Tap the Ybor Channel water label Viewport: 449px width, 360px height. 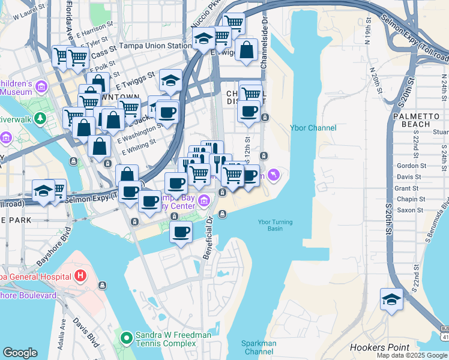(313, 128)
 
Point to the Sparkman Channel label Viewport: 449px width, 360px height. (259, 347)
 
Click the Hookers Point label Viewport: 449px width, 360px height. (379, 347)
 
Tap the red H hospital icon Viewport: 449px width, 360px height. (80, 277)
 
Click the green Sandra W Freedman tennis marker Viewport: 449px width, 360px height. (127, 339)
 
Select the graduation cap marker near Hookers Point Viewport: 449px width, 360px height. (391, 299)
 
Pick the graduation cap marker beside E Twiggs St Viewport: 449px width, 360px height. (171, 80)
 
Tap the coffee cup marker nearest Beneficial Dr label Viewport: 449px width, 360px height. (181, 232)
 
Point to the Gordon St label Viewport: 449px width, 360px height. (411, 166)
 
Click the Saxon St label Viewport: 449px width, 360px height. (411, 210)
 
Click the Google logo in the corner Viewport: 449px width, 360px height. (20, 353)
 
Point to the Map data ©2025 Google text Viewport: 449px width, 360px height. (411, 355)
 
